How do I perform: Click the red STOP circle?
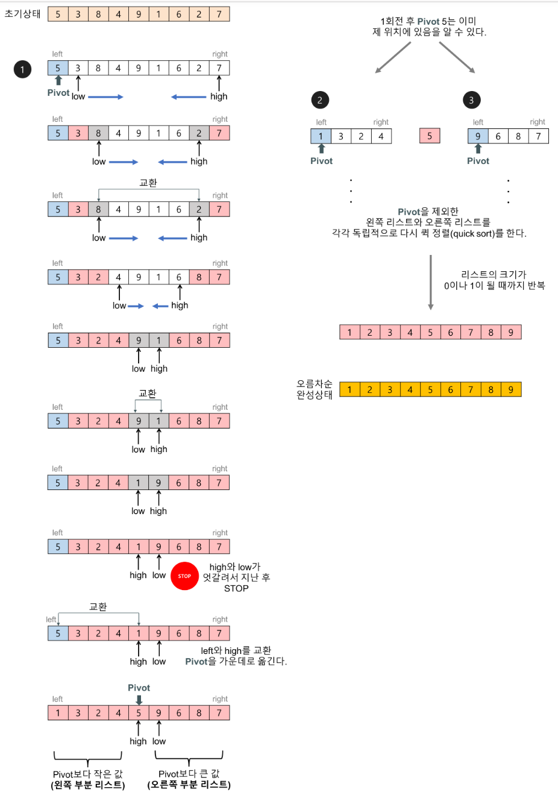point(184,576)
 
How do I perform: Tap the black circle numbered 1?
point(22,69)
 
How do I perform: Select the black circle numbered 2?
point(320,100)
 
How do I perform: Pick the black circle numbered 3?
point(471,100)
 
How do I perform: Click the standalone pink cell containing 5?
point(430,136)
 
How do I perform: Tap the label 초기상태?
point(22,13)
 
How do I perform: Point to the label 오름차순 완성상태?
point(315,389)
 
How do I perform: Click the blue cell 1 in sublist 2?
point(321,136)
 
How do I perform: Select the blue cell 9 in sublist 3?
point(478,136)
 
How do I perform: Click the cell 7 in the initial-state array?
point(219,14)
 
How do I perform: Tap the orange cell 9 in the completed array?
point(511,389)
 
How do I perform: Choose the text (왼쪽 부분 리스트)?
point(88,784)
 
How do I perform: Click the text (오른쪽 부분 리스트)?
point(189,784)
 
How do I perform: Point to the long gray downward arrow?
point(431,282)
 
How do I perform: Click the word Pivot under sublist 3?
point(478,161)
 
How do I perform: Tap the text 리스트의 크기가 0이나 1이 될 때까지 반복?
point(494,280)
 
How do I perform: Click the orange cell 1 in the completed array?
point(350,389)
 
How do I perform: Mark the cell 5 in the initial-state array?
point(58,14)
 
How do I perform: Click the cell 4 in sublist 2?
point(381,136)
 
